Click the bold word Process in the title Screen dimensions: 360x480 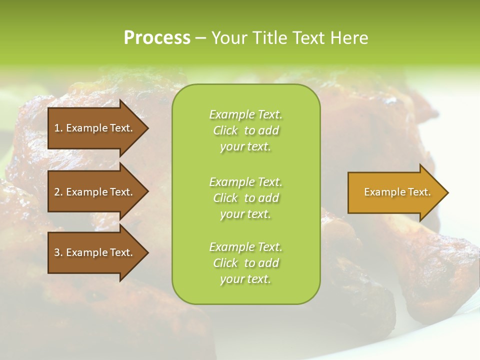point(157,38)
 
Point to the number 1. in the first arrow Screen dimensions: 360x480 point(58,128)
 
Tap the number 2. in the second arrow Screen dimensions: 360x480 point(58,192)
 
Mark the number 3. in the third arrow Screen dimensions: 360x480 point(58,252)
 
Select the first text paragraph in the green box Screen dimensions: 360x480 point(245,130)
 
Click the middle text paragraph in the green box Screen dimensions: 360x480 point(245,197)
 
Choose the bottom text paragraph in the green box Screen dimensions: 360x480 point(245,263)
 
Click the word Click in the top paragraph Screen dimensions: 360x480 point(225,130)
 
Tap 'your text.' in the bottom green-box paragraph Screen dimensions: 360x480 point(245,279)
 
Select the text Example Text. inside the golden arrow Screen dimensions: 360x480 point(397,192)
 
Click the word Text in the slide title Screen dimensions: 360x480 point(309,38)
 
